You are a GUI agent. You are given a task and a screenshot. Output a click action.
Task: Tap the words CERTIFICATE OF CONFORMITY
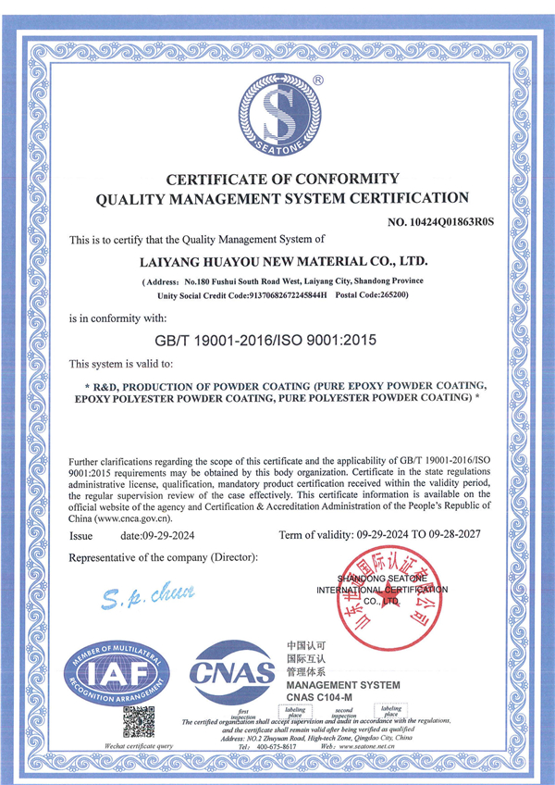(x=282, y=178)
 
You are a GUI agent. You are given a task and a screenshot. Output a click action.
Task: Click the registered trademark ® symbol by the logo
(x=318, y=81)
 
